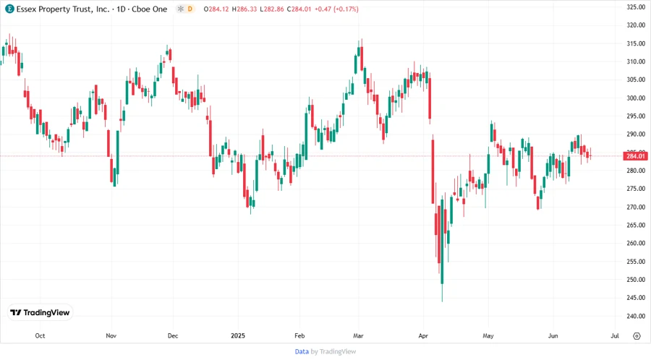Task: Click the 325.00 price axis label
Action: (636, 7)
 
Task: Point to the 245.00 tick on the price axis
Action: (636, 298)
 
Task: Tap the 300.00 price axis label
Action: (636, 98)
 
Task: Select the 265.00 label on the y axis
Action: (636, 226)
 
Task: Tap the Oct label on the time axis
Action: (40, 335)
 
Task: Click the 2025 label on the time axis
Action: (238, 335)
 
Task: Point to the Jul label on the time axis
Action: (615, 335)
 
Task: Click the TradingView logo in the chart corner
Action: (41, 313)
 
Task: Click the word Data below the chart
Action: (302, 351)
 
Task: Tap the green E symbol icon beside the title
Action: (9, 9)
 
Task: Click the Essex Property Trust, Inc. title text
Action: (62, 9)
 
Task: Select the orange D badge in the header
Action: (190, 9)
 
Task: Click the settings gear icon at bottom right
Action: (637, 335)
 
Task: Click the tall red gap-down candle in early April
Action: (433, 170)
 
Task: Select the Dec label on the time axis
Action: (173, 335)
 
